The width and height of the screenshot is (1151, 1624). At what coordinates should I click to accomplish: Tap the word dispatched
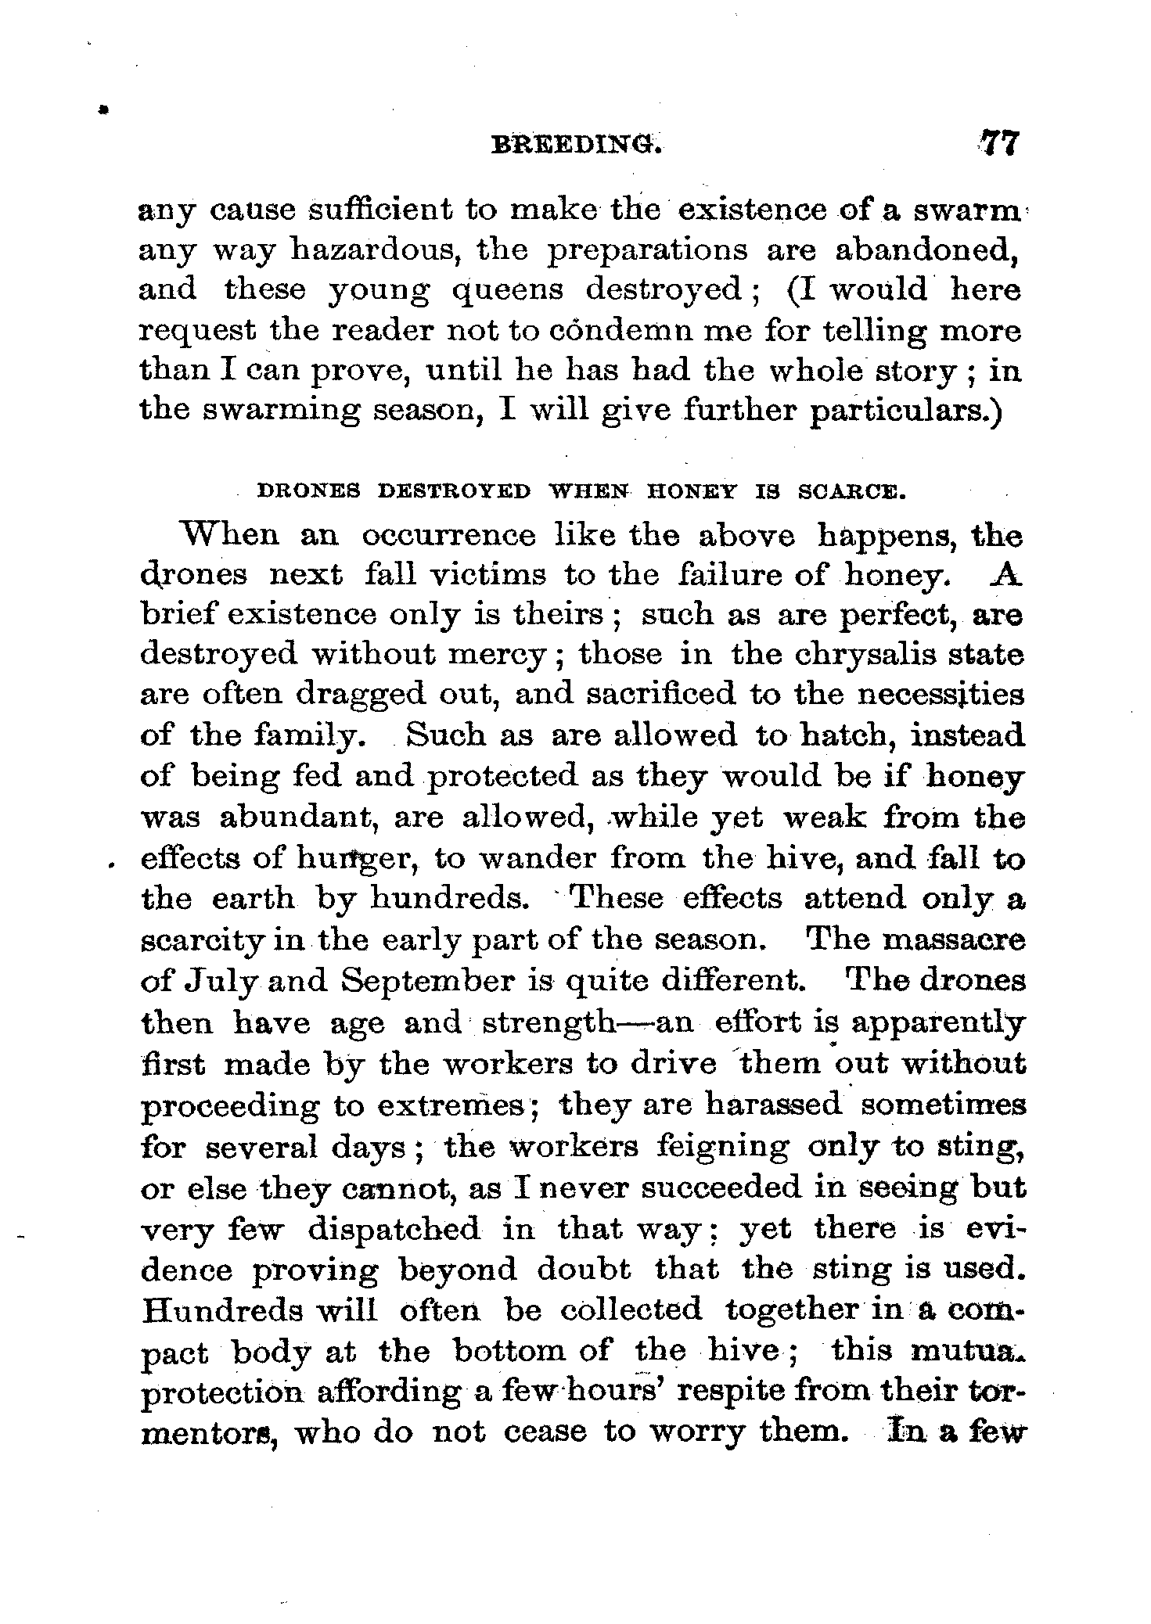tap(394, 1229)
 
